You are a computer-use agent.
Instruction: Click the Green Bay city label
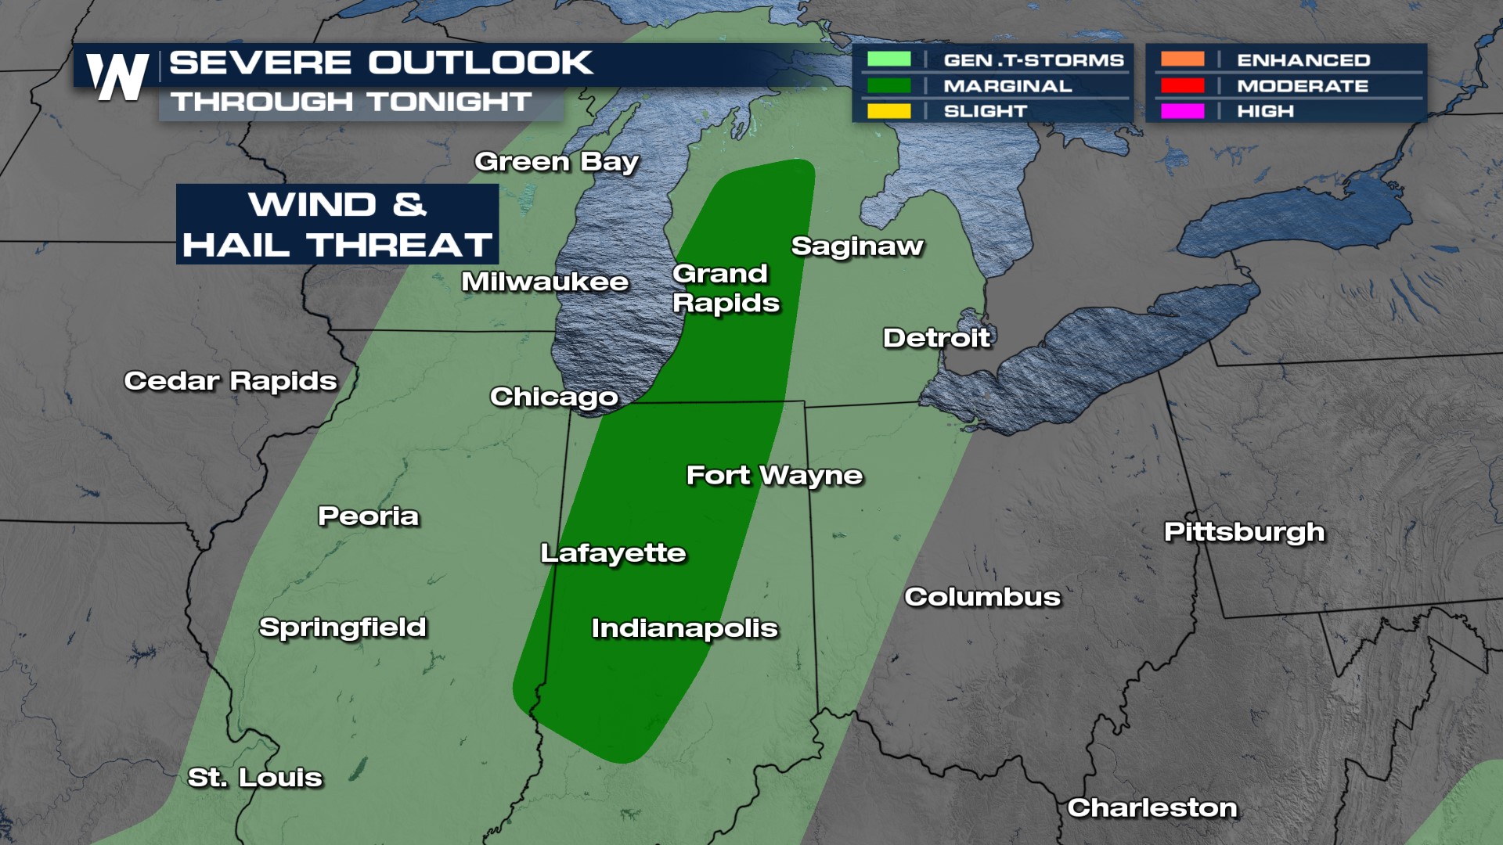557,161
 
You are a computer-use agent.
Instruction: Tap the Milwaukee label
545,282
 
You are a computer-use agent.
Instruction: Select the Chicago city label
554,397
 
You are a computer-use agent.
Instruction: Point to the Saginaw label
857,246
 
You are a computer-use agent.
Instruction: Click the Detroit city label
937,338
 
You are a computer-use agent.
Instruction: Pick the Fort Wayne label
774,476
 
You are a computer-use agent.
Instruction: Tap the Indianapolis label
684,628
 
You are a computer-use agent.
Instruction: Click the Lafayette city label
613,553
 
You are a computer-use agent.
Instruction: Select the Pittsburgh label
1244,532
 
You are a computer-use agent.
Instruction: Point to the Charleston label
1152,807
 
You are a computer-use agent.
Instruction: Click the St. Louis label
255,778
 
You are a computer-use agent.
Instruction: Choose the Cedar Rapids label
230,381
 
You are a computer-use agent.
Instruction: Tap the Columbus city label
982,597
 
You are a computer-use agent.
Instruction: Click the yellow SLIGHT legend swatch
888,111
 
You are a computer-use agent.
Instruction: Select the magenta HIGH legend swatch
1182,111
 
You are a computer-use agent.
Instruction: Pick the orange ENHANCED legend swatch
1182,59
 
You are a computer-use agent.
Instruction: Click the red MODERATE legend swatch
1182,85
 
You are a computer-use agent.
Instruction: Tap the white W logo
117,77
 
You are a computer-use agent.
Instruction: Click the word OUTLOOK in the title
480,63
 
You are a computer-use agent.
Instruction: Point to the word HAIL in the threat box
239,246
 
